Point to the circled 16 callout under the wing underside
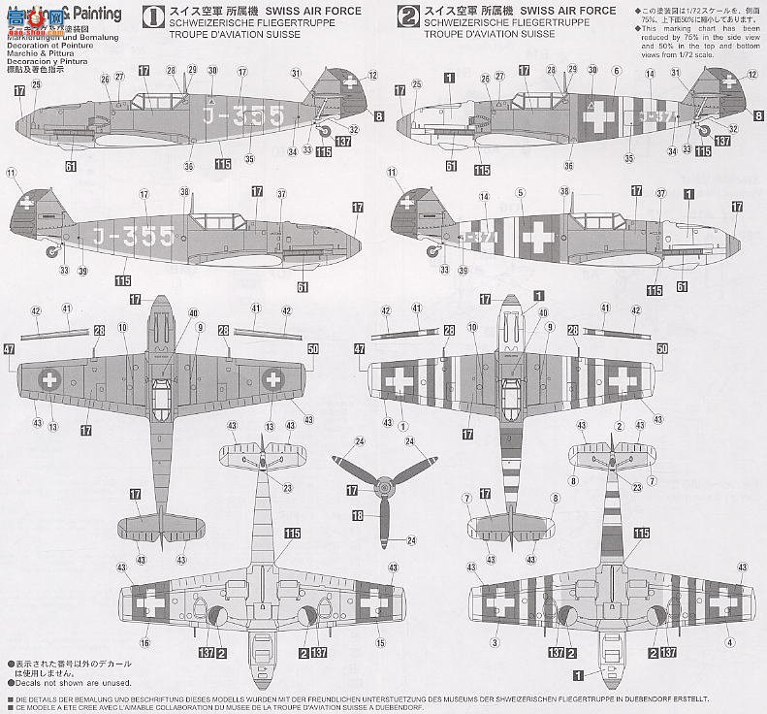click(x=144, y=642)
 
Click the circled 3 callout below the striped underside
click(x=495, y=642)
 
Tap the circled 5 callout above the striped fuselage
click(x=521, y=194)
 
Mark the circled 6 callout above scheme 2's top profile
click(x=616, y=70)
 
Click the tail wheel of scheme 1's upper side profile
click(x=326, y=131)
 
